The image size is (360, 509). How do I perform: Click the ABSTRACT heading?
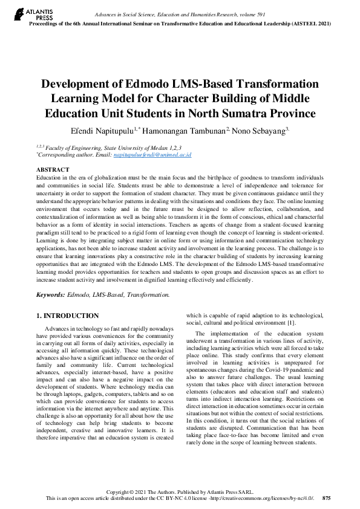tap(53, 170)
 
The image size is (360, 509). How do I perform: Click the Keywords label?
tap(51, 294)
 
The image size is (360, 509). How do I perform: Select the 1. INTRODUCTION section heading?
tap(67, 316)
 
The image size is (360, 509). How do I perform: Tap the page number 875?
tap(326, 498)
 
